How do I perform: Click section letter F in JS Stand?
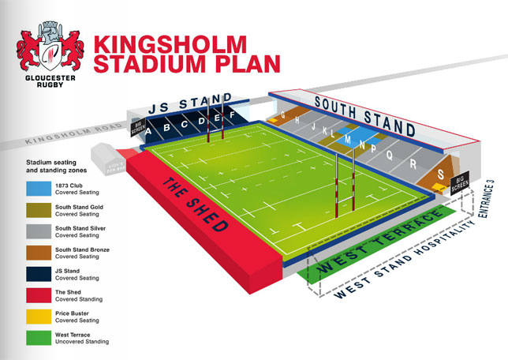[x=232, y=116]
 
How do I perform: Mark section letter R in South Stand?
[x=413, y=163]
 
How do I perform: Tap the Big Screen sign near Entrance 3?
[x=461, y=184]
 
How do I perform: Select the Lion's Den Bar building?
[x=106, y=156]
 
